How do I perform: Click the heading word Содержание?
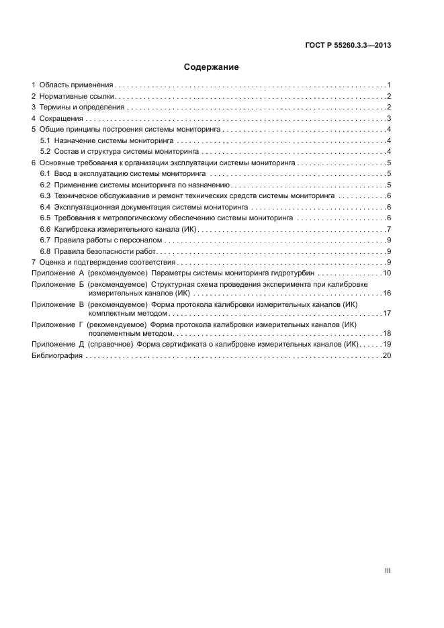coord(212,67)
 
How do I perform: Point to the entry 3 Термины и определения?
coord(78,107)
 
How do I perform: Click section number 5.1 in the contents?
coord(46,141)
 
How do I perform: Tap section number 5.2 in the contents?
coord(46,152)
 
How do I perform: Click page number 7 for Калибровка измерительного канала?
coord(389,229)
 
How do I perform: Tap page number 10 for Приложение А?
coord(387,273)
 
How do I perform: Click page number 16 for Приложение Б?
coord(387,294)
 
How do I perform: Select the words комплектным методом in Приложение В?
coord(126,314)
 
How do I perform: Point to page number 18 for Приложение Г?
coord(387,333)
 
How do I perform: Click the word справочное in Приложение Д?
coord(111,345)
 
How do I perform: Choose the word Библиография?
coord(57,355)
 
